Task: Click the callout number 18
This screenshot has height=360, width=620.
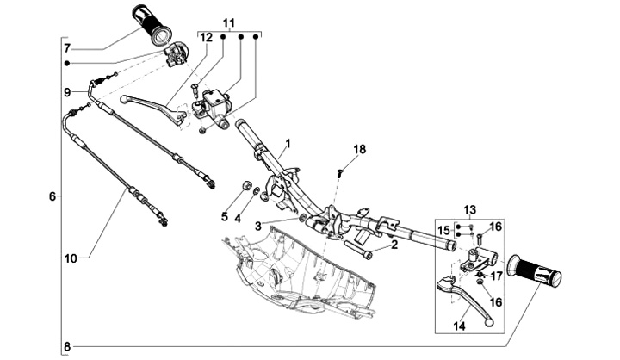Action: point(360,150)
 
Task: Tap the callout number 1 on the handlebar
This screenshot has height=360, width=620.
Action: point(288,143)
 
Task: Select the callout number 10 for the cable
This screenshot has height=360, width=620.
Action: point(71,259)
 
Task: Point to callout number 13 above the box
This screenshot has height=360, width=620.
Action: point(470,209)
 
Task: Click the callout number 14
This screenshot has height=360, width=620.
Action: point(460,326)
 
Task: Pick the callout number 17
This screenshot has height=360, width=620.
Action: point(497,276)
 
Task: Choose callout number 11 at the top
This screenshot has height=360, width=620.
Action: point(229,23)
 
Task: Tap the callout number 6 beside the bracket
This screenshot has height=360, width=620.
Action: point(53,196)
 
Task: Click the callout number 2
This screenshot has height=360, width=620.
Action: point(394,245)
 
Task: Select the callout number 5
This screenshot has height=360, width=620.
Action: point(225,216)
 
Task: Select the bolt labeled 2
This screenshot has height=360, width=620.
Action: point(358,250)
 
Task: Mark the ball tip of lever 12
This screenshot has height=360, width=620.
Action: point(123,98)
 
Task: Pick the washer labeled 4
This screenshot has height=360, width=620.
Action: point(257,191)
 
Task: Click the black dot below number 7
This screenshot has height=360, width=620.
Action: point(67,64)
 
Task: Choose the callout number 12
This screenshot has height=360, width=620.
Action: point(207,38)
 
